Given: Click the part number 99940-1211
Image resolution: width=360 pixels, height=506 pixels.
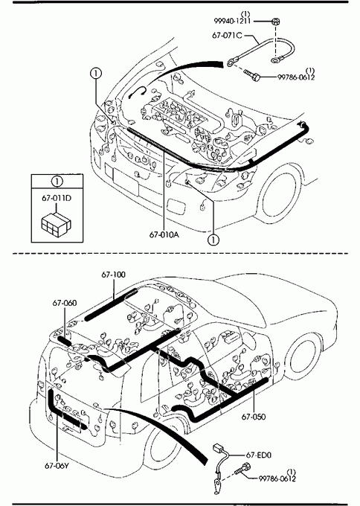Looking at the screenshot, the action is (x=232, y=22).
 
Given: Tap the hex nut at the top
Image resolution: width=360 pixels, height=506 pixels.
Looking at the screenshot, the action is (x=275, y=22).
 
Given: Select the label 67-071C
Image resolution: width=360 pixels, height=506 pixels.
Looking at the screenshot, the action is (x=227, y=35).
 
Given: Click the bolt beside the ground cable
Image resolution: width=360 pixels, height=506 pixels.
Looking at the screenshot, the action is (x=251, y=75).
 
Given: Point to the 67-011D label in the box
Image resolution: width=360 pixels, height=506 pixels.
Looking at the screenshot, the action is (x=57, y=198).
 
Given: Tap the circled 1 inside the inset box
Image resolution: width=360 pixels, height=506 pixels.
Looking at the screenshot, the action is (x=57, y=182).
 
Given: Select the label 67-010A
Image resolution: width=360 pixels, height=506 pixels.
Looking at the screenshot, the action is (x=164, y=234).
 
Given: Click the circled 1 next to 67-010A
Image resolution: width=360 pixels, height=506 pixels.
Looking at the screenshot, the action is (x=213, y=240).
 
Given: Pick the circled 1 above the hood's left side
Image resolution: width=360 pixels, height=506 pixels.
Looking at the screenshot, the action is (x=96, y=74).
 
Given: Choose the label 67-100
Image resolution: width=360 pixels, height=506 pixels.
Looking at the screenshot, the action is (x=114, y=275).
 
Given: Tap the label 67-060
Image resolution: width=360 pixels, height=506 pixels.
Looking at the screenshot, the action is (x=65, y=303).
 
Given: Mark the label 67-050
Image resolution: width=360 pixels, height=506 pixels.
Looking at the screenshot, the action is (x=254, y=417).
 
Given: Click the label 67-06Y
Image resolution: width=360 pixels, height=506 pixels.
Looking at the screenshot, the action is (x=57, y=466).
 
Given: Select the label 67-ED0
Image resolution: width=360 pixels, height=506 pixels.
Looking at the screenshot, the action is (x=258, y=455).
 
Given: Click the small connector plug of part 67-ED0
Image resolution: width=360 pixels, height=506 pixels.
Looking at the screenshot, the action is (x=219, y=448).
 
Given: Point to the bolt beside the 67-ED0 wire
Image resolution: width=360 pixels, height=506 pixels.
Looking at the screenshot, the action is (x=243, y=470).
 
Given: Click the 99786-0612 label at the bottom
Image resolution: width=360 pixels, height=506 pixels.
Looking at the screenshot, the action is (x=277, y=478).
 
